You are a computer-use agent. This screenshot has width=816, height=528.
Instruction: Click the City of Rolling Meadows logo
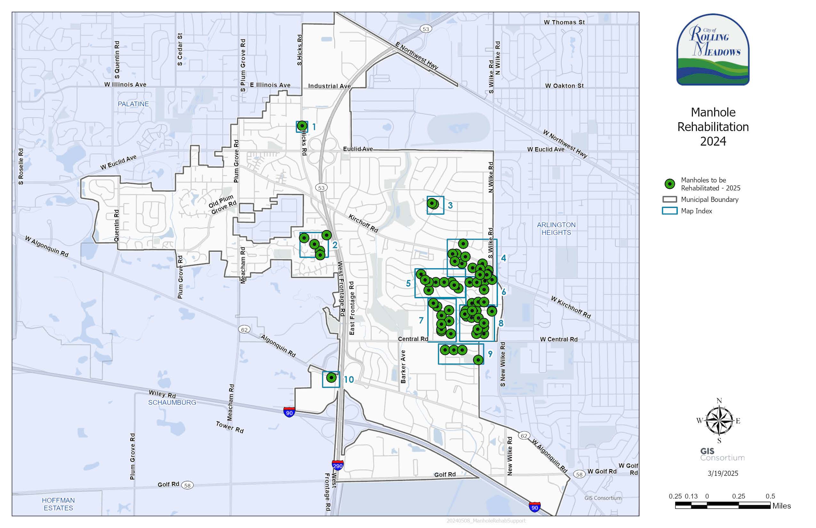(713, 50)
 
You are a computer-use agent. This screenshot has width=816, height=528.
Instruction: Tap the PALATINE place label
(133, 104)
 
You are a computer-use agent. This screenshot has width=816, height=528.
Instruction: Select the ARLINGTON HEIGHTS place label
(556, 229)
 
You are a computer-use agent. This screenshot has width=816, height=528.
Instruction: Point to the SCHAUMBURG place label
(172, 403)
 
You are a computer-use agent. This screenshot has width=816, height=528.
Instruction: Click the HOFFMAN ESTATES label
(58, 504)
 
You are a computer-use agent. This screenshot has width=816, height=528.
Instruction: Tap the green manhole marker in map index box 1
(302, 126)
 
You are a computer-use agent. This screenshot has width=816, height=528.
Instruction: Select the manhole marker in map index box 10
(331, 378)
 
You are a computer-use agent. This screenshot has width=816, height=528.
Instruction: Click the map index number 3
(450, 205)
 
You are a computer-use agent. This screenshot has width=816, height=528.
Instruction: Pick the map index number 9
(490, 354)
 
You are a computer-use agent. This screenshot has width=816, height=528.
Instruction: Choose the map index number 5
(408, 284)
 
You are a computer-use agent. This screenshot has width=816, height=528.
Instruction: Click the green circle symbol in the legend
(669, 184)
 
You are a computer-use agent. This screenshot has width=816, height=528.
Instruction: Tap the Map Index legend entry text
(696, 211)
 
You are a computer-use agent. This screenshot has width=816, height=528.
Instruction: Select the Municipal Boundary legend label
(709, 200)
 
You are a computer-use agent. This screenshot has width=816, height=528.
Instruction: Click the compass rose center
(719, 421)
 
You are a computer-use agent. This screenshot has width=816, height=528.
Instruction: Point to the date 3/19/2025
(723, 474)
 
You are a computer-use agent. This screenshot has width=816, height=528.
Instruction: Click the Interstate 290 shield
(338, 465)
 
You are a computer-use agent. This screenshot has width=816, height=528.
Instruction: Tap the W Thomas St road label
(564, 22)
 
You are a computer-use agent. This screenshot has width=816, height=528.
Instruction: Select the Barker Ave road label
(403, 366)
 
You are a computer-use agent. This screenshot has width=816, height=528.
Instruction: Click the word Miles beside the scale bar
(781, 506)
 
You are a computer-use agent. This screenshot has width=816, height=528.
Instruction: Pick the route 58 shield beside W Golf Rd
(579, 475)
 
